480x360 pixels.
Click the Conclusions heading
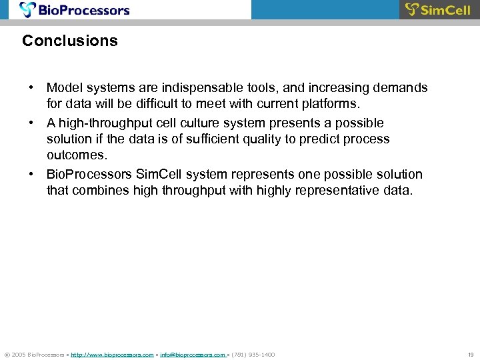(x=70, y=41)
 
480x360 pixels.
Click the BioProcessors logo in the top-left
(x=75, y=9)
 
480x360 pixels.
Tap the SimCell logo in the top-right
(x=438, y=9)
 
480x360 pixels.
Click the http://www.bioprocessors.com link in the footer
(x=112, y=355)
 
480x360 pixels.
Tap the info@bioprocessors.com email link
(x=192, y=355)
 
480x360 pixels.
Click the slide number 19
(x=470, y=355)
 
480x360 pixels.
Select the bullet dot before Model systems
(x=31, y=88)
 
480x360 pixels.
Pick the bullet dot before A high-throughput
(x=31, y=123)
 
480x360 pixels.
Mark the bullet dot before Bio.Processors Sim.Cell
(x=31, y=175)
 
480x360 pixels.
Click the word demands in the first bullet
(x=403, y=88)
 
